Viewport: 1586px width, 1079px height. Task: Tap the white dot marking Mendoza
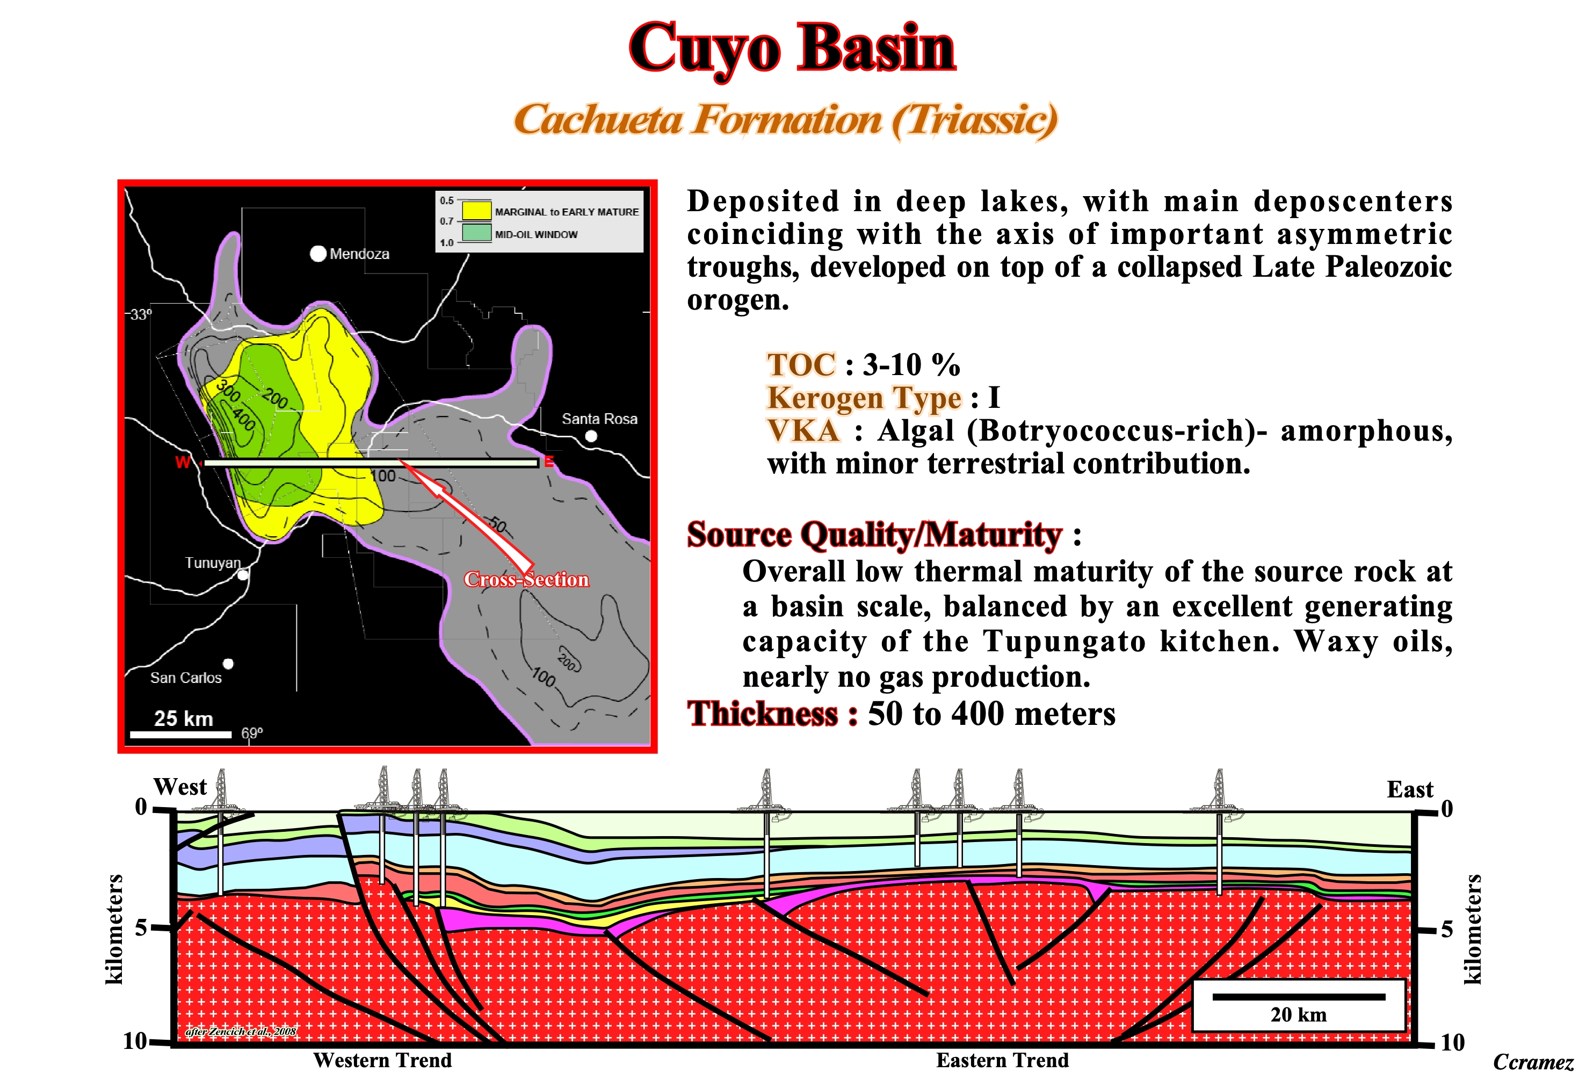pyautogui.click(x=318, y=253)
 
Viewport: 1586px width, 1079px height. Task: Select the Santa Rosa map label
pyautogui.click(x=599, y=419)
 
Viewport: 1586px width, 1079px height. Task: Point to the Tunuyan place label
pyautogui.click(x=213, y=563)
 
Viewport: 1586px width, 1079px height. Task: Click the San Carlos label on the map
pyautogui.click(x=186, y=678)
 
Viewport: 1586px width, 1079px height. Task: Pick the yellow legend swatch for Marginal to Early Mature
pyautogui.click(x=476, y=210)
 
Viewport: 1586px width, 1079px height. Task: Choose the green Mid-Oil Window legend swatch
pyautogui.click(x=476, y=232)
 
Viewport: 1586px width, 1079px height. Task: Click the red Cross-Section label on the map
pyautogui.click(x=526, y=579)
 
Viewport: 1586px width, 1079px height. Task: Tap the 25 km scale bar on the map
pyautogui.click(x=181, y=734)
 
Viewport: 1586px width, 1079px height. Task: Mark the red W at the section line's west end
pyautogui.click(x=182, y=462)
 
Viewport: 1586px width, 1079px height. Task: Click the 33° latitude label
pyautogui.click(x=141, y=314)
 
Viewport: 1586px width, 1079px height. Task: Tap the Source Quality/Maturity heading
pyautogui.click(x=875, y=535)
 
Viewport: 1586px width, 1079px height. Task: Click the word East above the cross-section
pyautogui.click(x=1410, y=789)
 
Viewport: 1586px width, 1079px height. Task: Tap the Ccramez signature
pyautogui.click(x=1533, y=1062)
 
